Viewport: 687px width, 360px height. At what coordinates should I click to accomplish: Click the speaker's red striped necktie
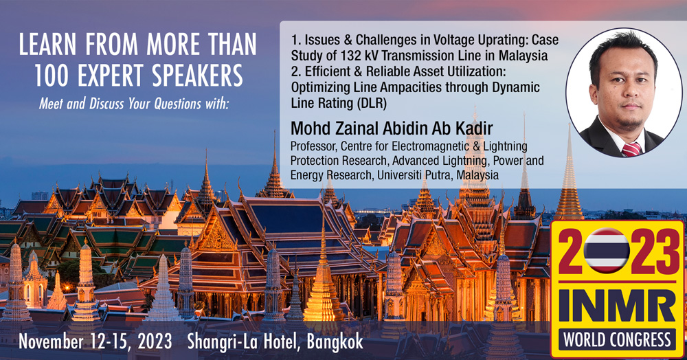(631, 149)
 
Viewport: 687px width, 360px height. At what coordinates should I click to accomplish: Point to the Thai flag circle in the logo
(607, 251)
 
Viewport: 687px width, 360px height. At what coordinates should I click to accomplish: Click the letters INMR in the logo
(618, 306)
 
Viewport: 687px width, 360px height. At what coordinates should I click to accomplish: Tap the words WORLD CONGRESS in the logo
(618, 340)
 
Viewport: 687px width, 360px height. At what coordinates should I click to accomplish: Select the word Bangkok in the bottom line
(335, 342)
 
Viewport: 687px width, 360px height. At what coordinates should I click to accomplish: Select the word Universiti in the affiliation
(398, 175)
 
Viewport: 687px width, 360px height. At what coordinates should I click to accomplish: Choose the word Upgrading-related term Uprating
(503, 41)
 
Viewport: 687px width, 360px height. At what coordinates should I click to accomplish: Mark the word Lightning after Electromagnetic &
(504, 146)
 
